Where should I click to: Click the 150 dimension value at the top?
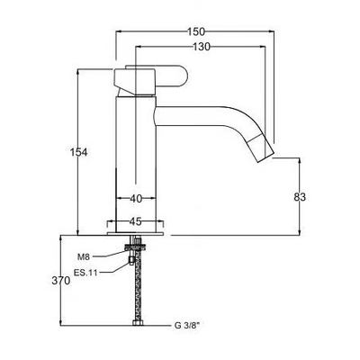[x=196, y=31]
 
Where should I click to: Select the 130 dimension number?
[x=202, y=47]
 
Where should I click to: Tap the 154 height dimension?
[x=78, y=152]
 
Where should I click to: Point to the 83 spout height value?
[x=300, y=197]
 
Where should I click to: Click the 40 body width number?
[x=136, y=199]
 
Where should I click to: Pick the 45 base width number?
[x=135, y=221]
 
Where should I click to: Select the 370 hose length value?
[x=61, y=281]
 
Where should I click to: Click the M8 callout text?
[x=84, y=256]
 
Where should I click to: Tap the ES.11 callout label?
[x=85, y=273]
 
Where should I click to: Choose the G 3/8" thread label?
[x=186, y=325]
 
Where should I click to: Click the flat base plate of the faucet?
[x=135, y=233]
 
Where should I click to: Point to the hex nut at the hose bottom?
[x=138, y=323]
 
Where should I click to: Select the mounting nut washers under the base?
[x=136, y=247]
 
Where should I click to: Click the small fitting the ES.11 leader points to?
[x=131, y=261]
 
